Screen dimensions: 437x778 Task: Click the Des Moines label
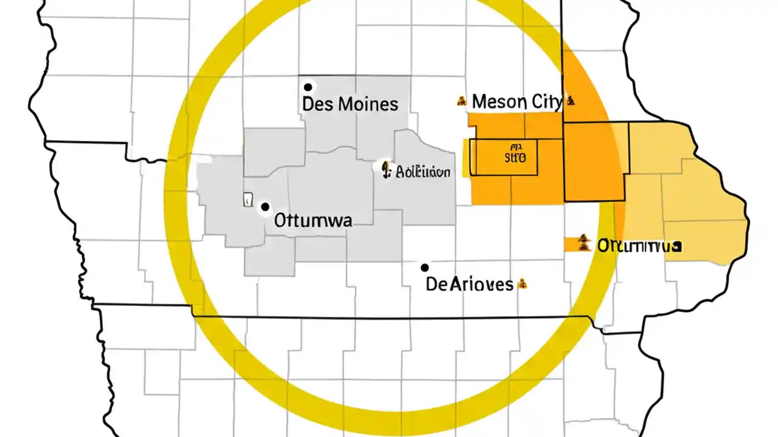(350, 104)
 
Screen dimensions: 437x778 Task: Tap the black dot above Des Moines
(308, 87)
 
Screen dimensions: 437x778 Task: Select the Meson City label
(517, 101)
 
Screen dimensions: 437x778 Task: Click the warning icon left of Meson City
(461, 101)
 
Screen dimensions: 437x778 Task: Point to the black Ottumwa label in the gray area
(313, 220)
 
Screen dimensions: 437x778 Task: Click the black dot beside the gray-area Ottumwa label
(265, 207)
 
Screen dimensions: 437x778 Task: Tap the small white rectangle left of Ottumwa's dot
(247, 199)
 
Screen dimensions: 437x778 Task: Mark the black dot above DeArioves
(425, 268)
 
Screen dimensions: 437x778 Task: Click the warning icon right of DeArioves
(522, 283)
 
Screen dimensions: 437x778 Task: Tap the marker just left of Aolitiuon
(384, 168)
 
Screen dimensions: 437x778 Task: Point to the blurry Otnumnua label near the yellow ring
(638, 246)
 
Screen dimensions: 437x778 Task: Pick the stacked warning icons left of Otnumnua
(584, 243)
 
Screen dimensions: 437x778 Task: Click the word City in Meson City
(546, 101)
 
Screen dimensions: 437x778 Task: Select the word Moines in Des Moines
(368, 104)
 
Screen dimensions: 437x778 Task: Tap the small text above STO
(517, 147)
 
